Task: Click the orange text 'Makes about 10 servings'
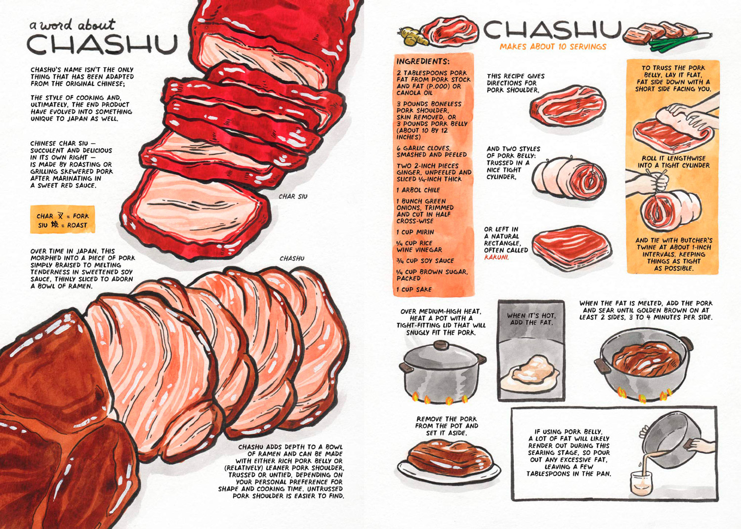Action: point(553,46)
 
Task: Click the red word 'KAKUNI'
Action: point(496,257)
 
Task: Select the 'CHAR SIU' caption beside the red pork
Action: point(293,197)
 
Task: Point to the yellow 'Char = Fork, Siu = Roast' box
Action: point(63,219)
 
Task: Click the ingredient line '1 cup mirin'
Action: point(415,232)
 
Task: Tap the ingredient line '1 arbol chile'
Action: point(418,190)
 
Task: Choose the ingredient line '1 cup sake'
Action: point(414,289)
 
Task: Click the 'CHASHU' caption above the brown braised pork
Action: point(292,258)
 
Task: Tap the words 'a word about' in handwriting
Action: point(73,25)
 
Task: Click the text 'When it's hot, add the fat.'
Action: point(531,319)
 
